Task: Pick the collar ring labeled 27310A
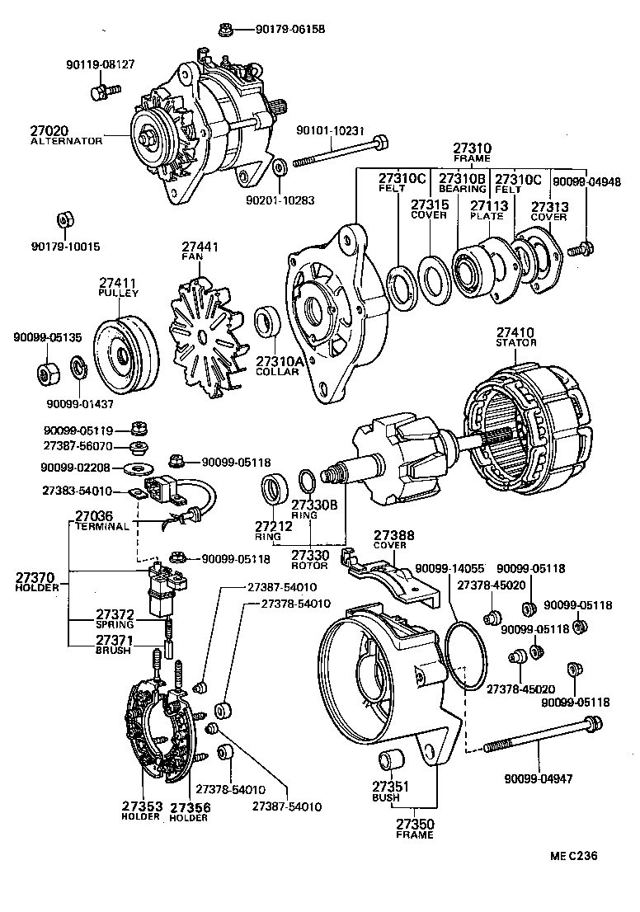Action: (268, 322)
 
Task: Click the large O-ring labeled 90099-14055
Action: (465, 655)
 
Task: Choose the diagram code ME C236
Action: (574, 855)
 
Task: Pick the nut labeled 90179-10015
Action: (64, 221)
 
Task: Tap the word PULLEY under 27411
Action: (119, 293)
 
